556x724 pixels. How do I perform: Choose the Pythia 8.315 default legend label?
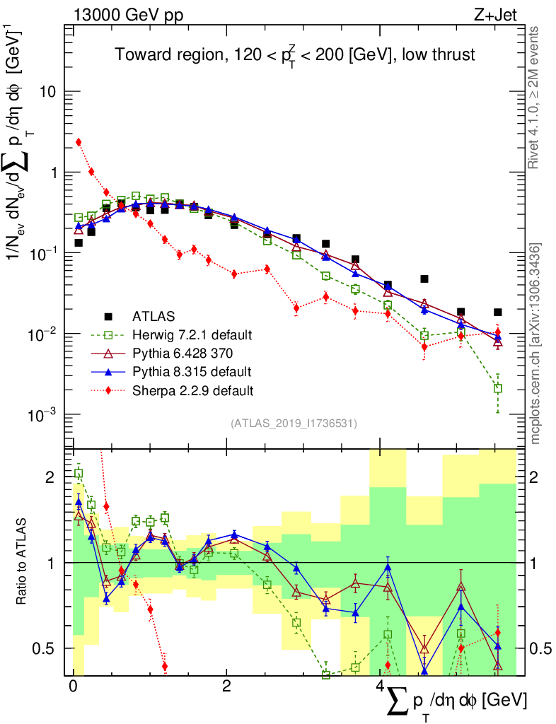187,371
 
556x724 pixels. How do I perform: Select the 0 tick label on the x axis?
72,688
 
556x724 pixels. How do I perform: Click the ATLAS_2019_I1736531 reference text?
294,424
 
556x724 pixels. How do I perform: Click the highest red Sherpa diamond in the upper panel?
79,142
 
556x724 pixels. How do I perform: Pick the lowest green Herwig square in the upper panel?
498,388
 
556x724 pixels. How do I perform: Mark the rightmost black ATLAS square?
498,312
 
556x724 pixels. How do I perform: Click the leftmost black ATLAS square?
79,243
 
